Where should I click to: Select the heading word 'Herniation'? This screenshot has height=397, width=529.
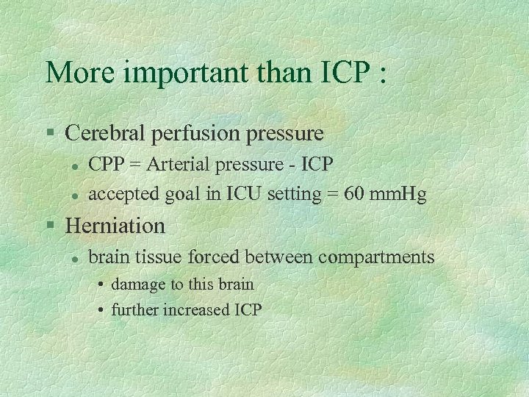115,224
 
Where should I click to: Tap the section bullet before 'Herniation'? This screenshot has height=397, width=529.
49,225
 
